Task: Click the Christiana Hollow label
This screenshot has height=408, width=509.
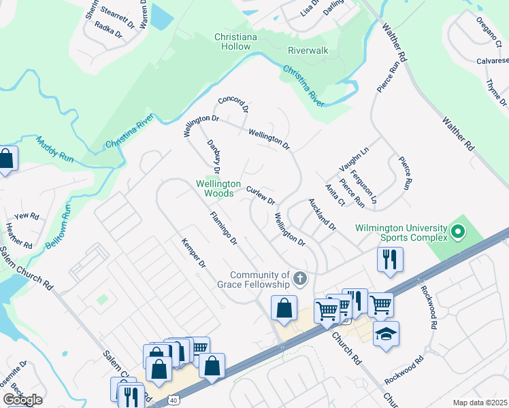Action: [233, 41]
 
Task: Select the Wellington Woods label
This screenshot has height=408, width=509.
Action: [218, 188]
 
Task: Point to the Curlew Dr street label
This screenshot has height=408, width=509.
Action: [261, 196]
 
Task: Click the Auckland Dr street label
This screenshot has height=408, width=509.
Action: [322, 214]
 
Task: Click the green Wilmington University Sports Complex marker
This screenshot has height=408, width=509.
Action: [458, 233]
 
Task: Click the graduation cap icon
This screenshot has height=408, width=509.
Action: [386, 334]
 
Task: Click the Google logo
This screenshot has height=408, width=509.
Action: [22, 400]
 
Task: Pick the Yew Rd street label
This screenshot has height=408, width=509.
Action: [27, 216]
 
